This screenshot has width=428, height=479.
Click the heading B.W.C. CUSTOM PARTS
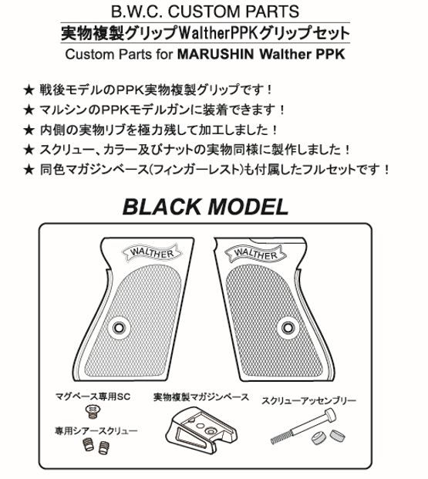tap(204, 12)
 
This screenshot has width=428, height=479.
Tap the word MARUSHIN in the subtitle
tap(215, 54)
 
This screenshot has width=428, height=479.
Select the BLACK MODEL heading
tap(206, 207)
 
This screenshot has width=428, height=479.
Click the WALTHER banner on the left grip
tap(151, 253)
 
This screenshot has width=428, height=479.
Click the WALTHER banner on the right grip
tap(255, 255)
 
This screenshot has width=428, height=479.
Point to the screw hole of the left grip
tap(119, 328)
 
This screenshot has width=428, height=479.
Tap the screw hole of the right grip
tap(288, 328)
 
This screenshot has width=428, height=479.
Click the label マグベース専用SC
tap(93, 396)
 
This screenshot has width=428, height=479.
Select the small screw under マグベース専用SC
tap(93, 411)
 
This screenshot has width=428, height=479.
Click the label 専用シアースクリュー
tap(96, 430)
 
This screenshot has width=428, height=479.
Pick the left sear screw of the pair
tap(88, 445)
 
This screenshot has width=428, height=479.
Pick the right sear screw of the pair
tap(104, 447)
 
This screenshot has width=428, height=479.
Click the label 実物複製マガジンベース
tap(201, 397)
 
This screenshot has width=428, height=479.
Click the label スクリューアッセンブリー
tap(309, 400)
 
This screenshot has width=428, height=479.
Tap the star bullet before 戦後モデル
tap(29, 90)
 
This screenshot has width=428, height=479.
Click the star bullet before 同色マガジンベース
tap(29, 170)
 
